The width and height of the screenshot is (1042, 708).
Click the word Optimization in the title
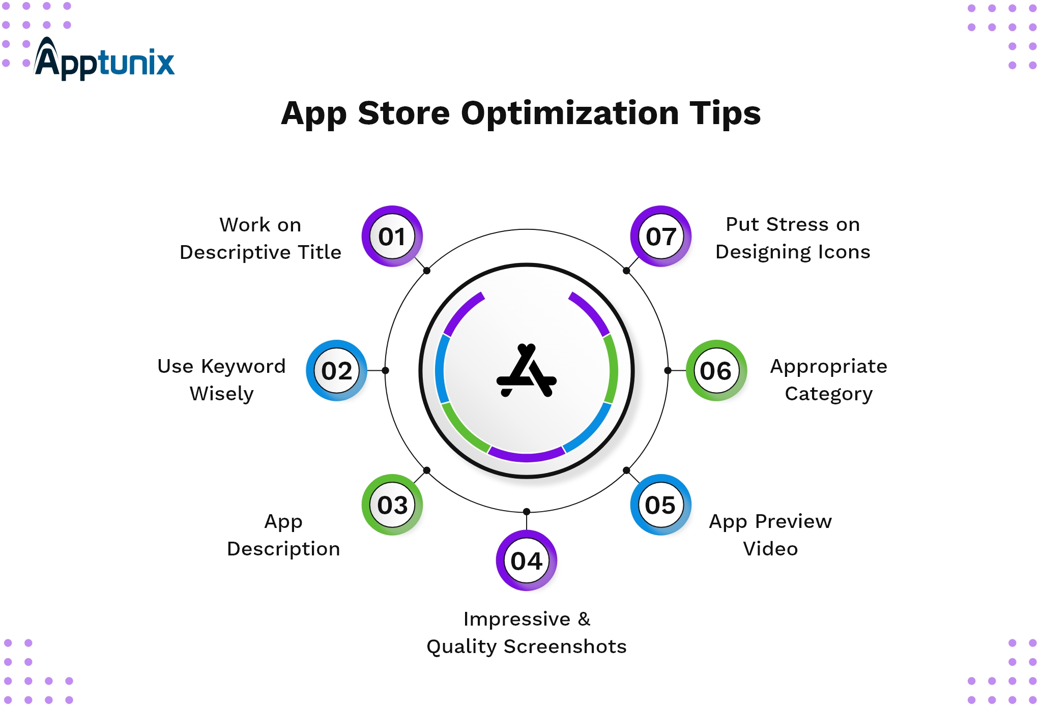[570, 113]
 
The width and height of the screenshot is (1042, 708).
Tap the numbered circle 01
[392, 236]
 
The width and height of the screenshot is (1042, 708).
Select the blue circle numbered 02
[336, 370]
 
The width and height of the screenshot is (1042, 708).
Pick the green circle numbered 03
[392, 505]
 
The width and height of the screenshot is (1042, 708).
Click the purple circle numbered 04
[527, 560]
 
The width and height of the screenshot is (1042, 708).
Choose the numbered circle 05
[661, 505]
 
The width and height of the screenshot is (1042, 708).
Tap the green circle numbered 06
[716, 370]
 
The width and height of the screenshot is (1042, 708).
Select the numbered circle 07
[661, 236]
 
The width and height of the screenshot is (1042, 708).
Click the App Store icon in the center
[527, 370]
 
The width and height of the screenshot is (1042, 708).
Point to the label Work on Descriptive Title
[260, 239]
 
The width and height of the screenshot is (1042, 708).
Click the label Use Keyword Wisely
[222, 380]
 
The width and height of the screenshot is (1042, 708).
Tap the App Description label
[283, 535]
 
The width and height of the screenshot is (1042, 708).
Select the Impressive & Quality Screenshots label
[527, 633]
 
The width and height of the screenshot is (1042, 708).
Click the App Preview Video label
[770, 535]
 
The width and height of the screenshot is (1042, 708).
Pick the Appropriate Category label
[829, 380]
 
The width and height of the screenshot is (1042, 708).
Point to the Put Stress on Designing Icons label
[793, 238]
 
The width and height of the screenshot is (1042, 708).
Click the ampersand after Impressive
[584, 619]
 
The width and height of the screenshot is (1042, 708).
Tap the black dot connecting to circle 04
[527, 511]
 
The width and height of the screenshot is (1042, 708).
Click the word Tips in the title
[725, 113]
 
